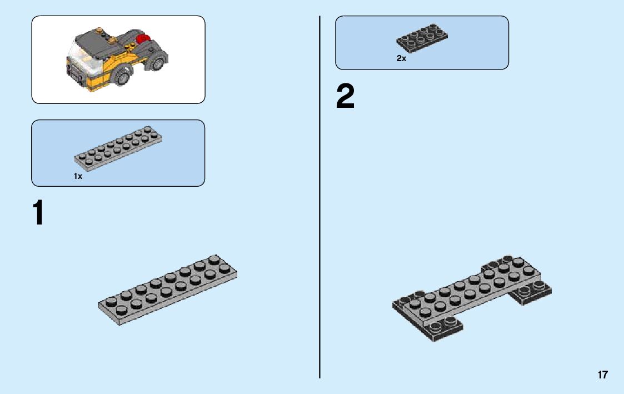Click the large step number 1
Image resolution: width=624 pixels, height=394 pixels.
[x=38, y=213]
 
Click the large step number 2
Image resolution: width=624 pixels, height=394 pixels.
[x=345, y=97]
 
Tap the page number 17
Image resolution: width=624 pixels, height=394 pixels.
[x=603, y=375]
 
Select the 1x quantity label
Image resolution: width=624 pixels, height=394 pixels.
[x=78, y=176]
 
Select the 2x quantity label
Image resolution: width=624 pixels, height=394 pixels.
[x=401, y=58]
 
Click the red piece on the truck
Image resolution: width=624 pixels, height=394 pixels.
[x=144, y=40]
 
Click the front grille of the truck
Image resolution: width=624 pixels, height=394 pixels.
[x=73, y=73]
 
